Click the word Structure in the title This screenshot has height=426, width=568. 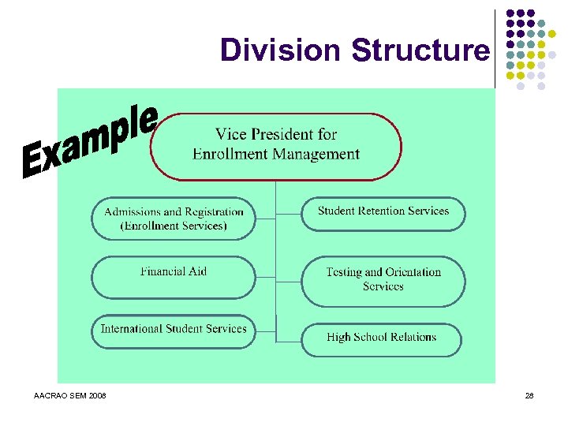[420, 50]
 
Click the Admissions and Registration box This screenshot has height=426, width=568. [174, 219]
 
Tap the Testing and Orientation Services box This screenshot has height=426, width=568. [383, 280]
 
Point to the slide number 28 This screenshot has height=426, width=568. [529, 394]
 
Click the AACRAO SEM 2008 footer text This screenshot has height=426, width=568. [71, 394]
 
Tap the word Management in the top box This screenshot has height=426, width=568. [316, 155]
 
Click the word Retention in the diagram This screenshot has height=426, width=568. [383, 211]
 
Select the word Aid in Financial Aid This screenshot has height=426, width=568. [196, 271]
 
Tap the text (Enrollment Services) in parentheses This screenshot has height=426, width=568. [174, 226]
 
